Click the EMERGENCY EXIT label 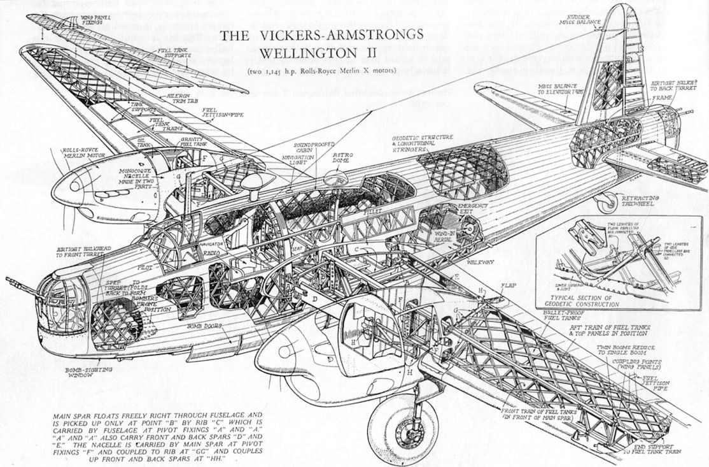(x=474, y=209)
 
